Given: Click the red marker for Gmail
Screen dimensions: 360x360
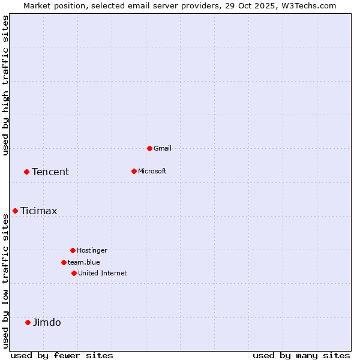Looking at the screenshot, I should point(149,148).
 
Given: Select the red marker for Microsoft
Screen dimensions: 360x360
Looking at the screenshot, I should point(134,171).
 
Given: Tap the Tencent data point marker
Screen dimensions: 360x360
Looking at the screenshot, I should point(26,172).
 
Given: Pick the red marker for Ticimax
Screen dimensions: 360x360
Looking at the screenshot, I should point(15,211).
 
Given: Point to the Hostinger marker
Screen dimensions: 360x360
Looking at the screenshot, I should point(73,250).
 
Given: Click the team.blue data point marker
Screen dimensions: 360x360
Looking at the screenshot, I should point(64,262).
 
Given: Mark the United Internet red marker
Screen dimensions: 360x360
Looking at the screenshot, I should point(74,273).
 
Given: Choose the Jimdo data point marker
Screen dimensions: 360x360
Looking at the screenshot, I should point(28,322).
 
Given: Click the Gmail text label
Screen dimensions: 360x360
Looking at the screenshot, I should point(163,148).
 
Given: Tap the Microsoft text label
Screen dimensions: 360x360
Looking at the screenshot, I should point(152,171).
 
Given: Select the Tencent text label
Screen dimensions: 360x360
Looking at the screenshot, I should point(50,172).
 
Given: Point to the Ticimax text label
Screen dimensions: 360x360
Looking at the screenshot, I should point(39,211).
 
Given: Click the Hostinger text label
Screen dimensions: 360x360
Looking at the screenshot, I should point(92,250).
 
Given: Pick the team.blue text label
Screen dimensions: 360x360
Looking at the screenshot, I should point(84,262).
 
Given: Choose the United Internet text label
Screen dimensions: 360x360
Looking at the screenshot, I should point(103,273).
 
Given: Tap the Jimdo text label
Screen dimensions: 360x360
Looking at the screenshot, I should point(47,322).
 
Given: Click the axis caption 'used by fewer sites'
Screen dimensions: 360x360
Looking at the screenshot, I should point(62,355).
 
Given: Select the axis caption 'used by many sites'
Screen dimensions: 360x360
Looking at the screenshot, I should point(301,355).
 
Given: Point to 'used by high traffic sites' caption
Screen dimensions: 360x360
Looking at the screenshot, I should point(6,85).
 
